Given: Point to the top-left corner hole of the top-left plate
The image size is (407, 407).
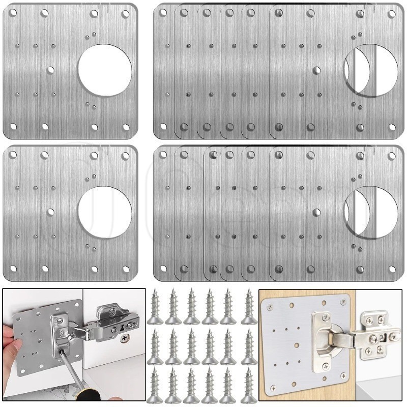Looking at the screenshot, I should point(12,13).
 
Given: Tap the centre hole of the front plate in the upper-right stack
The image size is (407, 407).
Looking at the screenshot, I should point(316,71).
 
